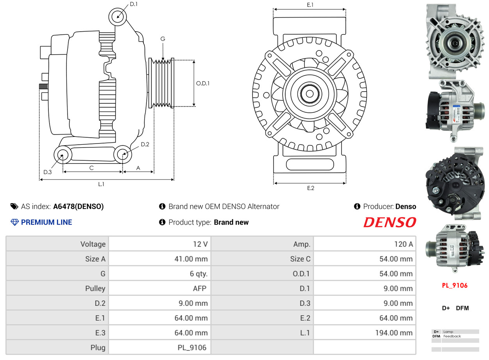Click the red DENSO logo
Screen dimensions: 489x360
click(389, 222)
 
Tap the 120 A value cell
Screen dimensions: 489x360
click(365, 244)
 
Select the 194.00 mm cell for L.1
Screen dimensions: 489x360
click(365, 333)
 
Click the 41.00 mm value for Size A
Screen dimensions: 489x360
click(160, 259)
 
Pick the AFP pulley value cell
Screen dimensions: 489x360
click(160, 289)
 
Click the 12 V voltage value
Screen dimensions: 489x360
click(160, 244)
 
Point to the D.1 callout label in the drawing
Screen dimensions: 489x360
click(133, 4)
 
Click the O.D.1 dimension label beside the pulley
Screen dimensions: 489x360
click(203, 83)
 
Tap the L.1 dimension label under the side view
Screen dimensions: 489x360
click(101, 184)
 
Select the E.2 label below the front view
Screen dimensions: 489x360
click(310, 188)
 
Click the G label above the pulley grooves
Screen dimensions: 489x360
click(163, 39)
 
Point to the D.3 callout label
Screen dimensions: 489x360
click(47, 172)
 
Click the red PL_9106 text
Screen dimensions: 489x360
click(455, 286)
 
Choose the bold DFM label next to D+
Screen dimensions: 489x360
click(462, 308)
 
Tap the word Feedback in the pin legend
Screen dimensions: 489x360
click(452, 336)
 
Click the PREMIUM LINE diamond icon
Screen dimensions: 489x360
click(14, 222)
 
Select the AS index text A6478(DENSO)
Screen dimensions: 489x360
click(78, 206)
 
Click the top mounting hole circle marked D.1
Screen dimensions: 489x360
click(117, 17)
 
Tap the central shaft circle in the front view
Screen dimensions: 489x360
click(309, 94)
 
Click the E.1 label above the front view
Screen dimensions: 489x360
click(310, 5)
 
